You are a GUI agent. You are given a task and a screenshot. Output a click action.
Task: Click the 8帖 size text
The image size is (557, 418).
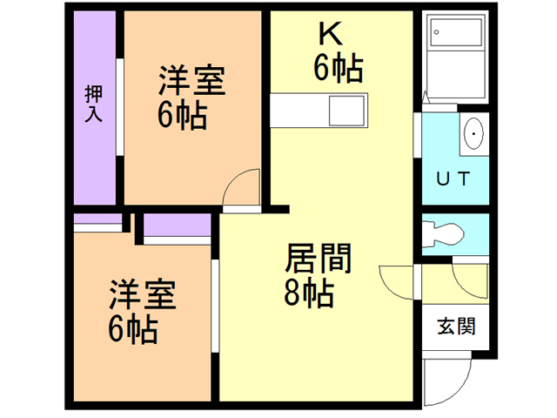[x=308, y=295]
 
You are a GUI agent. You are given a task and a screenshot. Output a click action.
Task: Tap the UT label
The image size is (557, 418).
[x=453, y=180]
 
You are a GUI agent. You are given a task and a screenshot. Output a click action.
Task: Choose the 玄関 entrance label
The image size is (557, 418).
[x=456, y=327]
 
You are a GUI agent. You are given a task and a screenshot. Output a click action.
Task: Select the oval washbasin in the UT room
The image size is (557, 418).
[x=473, y=133]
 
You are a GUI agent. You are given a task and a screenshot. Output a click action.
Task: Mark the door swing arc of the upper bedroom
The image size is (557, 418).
[x=242, y=185]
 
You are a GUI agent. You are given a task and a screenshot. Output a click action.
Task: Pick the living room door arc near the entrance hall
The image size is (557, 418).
[x=396, y=280]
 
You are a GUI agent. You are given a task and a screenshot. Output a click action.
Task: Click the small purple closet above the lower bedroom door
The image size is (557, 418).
[x=178, y=225]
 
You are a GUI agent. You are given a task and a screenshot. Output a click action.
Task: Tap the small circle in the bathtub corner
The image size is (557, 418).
[x=435, y=34]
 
